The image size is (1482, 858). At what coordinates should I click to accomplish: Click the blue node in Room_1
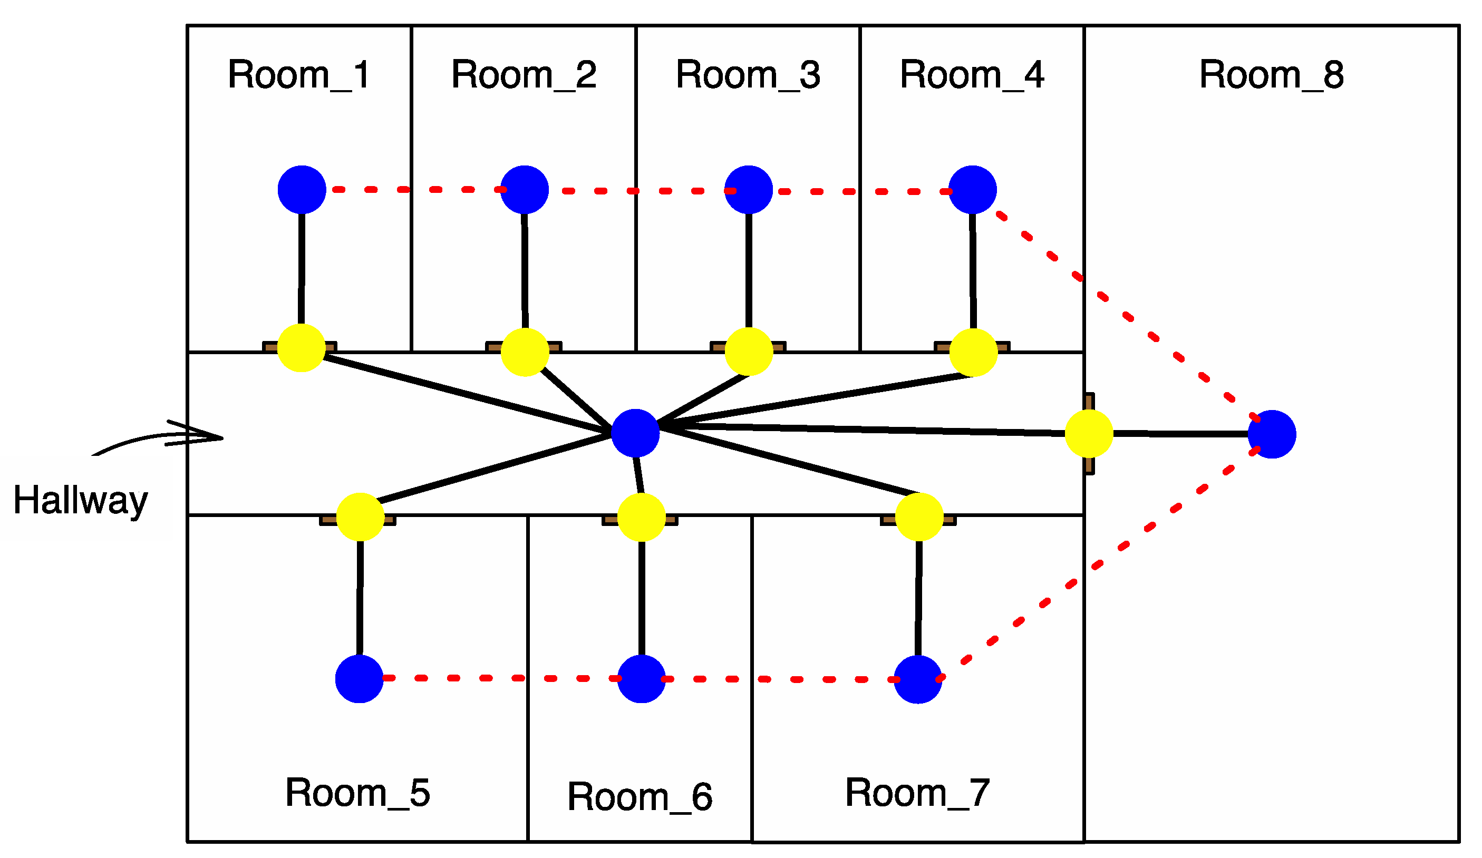pos(302,189)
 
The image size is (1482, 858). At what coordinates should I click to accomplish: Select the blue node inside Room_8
pos(1272,434)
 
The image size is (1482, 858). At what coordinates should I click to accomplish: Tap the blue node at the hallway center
pos(635,433)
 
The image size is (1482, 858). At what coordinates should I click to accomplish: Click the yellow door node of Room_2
pos(525,352)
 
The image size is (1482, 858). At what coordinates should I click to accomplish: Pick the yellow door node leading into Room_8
pos(1089,433)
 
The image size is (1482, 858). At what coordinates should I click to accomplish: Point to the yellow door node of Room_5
pos(360,516)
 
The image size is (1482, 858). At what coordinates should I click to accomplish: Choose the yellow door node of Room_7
pos(919,516)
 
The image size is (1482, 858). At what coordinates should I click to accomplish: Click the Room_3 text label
pos(748,75)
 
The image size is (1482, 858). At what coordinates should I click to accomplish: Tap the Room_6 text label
pos(640,797)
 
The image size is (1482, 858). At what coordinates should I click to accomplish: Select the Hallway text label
pos(81,501)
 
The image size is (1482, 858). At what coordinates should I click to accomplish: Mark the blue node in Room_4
pos(973,189)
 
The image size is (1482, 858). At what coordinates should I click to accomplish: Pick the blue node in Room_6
pos(642,679)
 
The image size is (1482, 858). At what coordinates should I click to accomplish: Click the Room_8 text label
pos(1272,75)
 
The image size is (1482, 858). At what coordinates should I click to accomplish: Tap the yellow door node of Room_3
pos(749,352)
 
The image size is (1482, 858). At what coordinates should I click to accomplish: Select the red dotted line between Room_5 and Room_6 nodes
pos(500,678)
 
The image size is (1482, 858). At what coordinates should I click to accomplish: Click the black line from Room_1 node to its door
pos(301,268)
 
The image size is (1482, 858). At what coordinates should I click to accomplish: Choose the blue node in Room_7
pos(918,679)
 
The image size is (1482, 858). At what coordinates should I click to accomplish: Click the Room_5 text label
pos(357,793)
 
